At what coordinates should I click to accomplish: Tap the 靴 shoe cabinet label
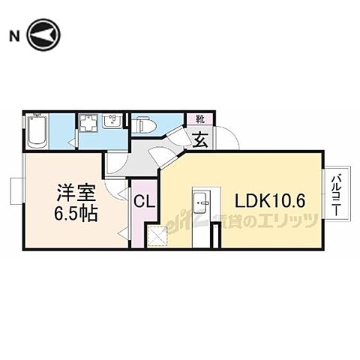coord(200,119)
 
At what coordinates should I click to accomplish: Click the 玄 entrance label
coord(201,139)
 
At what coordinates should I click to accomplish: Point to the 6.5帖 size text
coord(72,213)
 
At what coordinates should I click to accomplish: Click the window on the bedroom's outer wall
coord(16,190)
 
